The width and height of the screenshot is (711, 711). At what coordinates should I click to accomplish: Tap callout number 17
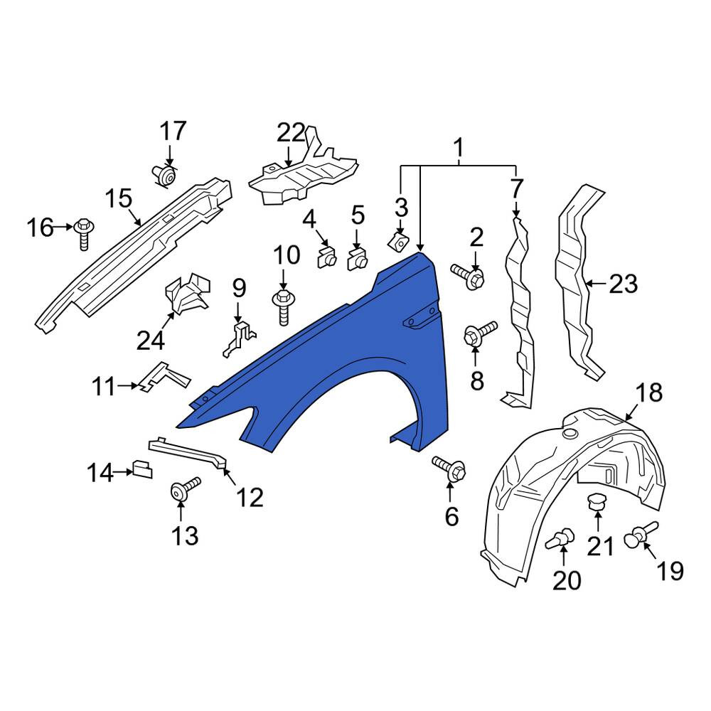click(x=173, y=132)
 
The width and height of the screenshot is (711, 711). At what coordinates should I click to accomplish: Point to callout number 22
click(x=291, y=134)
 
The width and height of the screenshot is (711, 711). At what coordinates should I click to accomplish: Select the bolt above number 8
click(x=480, y=333)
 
